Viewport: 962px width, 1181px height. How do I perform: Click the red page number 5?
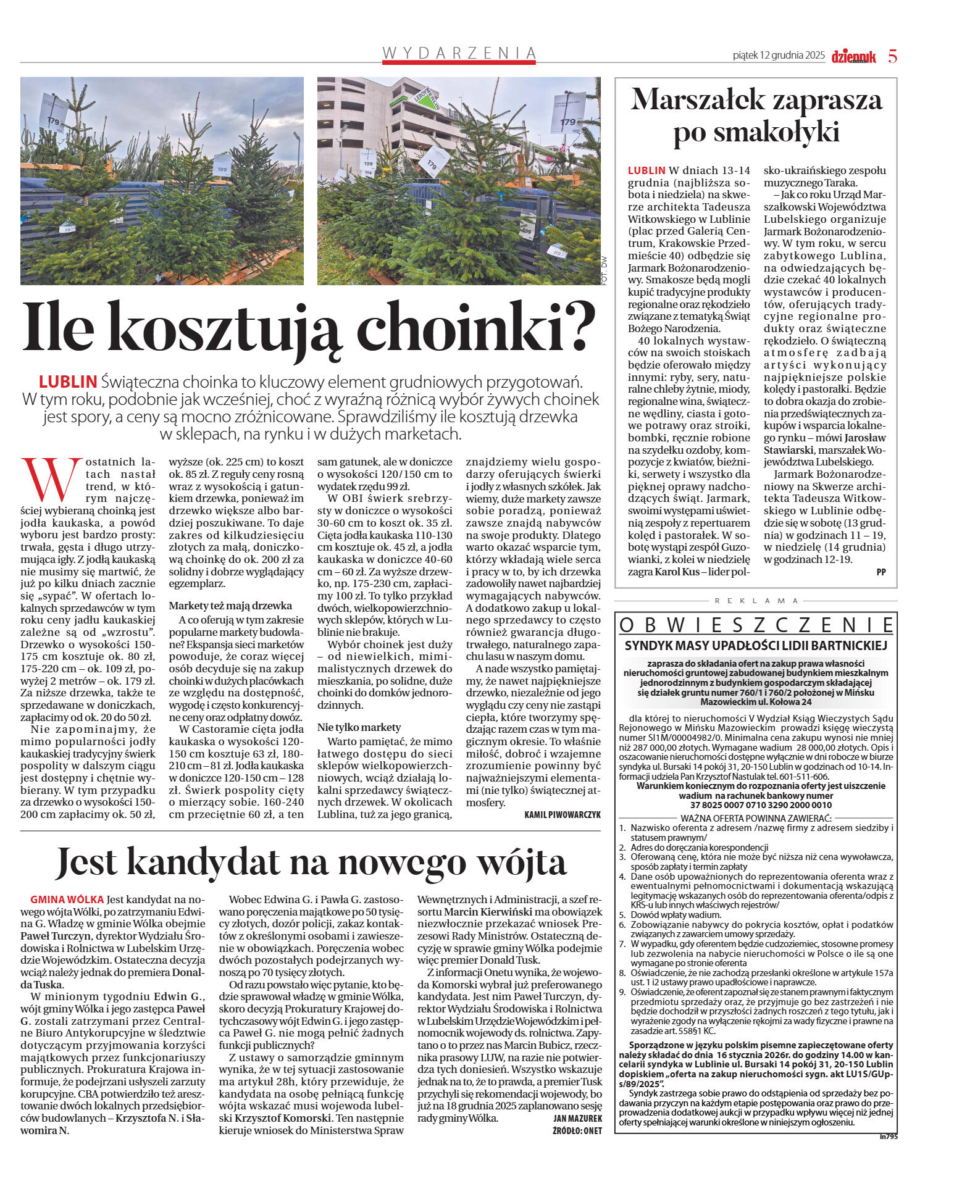[892, 56]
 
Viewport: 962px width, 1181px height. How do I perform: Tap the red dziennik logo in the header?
[853, 57]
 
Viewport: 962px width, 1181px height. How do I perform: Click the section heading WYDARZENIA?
[459, 53]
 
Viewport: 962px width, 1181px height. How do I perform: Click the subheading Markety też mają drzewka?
[230, 606]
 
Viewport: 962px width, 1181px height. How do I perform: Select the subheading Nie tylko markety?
[359, 727]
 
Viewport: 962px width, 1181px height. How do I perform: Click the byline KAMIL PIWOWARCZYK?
[562, 815]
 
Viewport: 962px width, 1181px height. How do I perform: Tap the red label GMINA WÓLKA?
[67, 899]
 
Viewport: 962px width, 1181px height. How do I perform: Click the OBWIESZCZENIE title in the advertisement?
[756, 625]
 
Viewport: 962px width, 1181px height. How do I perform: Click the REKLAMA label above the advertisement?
[756, 601]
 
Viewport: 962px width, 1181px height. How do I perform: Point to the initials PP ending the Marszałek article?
[880, 572]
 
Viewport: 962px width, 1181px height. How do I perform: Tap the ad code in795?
[889, 1137]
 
